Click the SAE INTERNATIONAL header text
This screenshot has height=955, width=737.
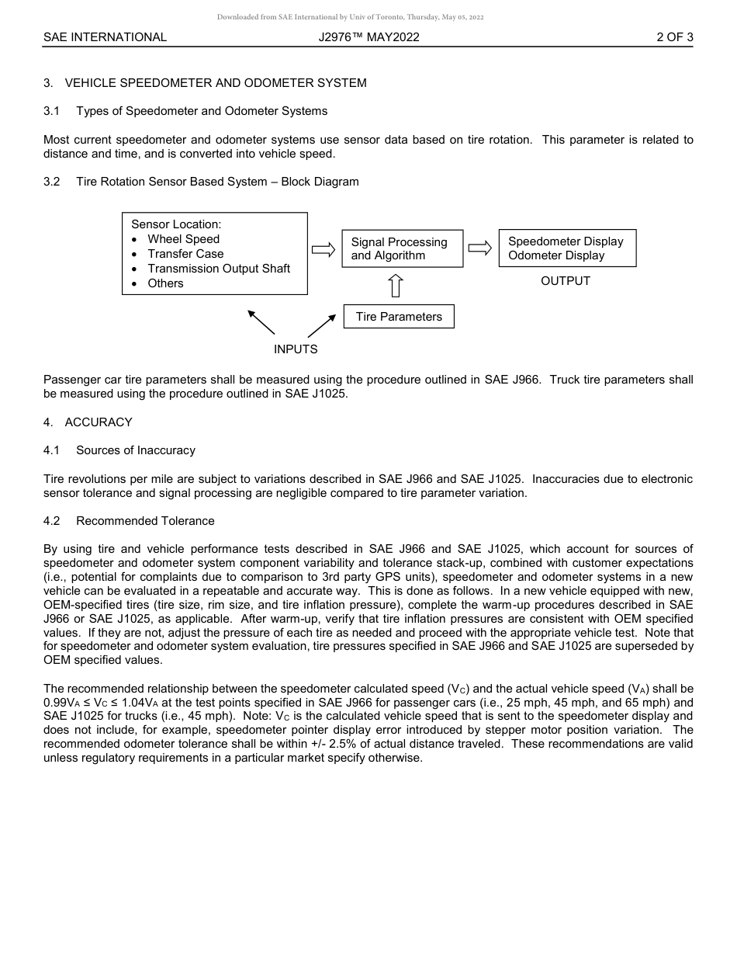105,37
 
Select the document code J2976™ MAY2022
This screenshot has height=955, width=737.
368,37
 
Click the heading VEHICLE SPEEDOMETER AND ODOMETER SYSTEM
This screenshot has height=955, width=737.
216,83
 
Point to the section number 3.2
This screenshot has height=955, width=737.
52,182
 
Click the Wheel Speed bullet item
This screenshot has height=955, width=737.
183,239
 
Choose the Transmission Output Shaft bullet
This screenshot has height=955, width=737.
219,269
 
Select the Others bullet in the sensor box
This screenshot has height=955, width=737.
165,283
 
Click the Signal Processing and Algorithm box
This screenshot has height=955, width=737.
402,248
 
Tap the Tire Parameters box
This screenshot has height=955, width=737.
399,317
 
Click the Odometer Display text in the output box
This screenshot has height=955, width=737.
556,255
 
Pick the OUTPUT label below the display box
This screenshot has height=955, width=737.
566,281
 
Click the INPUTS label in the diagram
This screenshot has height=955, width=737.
296,349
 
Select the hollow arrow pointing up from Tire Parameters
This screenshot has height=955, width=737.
396,285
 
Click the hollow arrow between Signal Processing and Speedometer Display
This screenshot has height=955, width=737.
480,248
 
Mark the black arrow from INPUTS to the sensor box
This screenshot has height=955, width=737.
261,322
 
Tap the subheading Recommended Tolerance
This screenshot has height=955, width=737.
145,521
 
